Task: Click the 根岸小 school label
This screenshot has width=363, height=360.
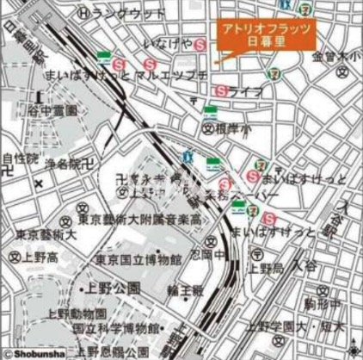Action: click(230, 127)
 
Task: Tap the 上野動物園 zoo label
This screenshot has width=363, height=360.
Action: click(77, 313)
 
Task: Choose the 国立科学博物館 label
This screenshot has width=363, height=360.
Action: click(115, 329)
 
